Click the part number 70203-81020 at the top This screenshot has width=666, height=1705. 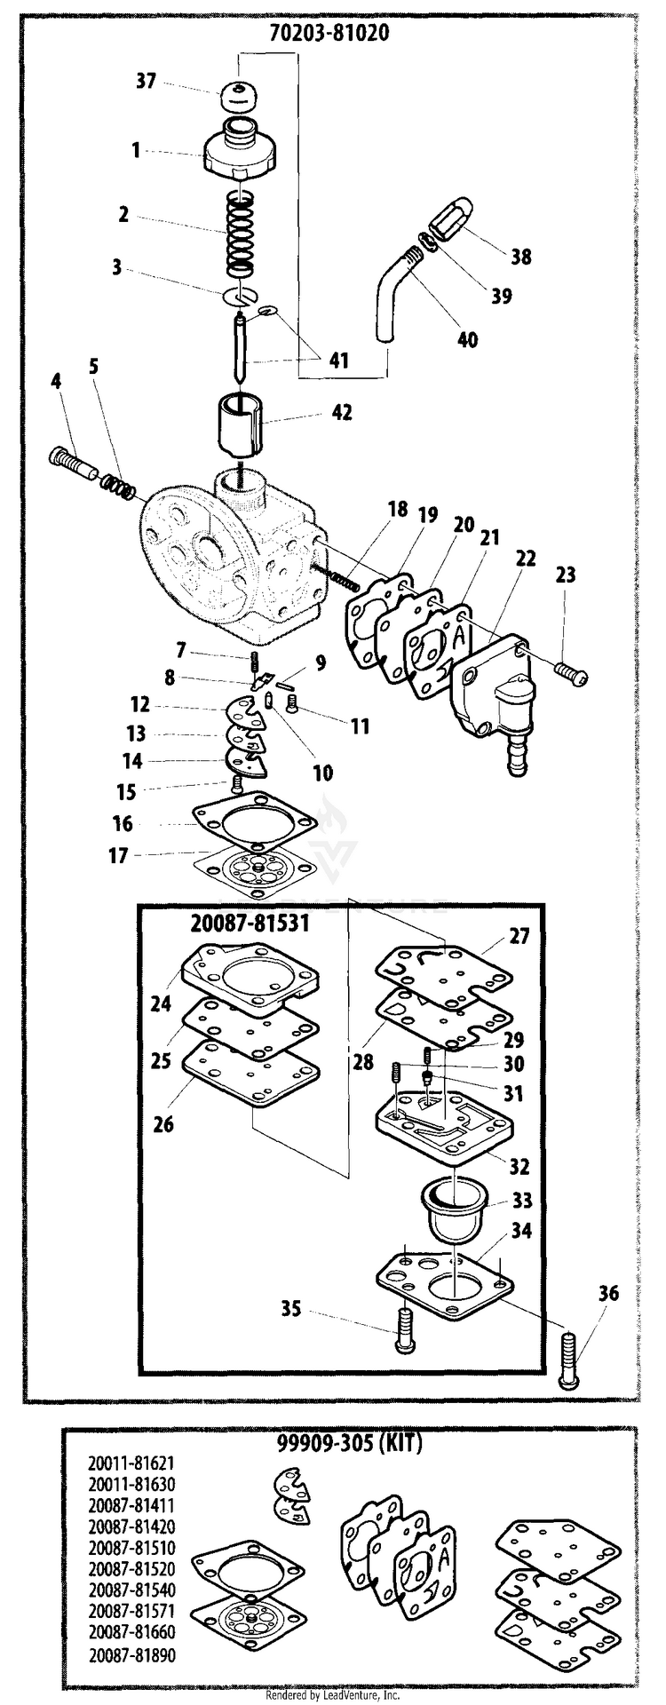point(329,33)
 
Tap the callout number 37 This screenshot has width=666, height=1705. point(146,82)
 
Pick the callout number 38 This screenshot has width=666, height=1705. point(520,257)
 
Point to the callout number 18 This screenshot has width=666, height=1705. point(397,509)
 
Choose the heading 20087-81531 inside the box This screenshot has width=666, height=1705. point(250,923)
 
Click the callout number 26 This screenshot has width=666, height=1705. point(163,1124)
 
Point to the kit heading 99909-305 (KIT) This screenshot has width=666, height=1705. point(343,1444)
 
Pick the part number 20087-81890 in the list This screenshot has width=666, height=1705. point(131,1655)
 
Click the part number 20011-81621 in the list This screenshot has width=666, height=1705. point(131,1459)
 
